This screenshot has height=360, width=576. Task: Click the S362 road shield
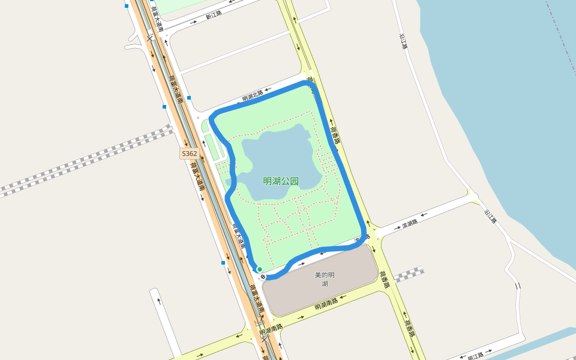[189, 154]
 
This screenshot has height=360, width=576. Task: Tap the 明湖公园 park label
[281, 181]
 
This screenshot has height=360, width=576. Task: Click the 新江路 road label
[213, 15]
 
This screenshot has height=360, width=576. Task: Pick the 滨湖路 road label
[409, 224]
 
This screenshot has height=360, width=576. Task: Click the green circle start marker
[259, 269]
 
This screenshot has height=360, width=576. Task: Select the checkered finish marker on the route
[263, 276]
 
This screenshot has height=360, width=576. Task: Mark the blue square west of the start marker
[223, 263]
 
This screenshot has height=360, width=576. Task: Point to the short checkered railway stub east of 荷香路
[409, 275]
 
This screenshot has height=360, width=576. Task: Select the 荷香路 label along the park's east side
[334, 134]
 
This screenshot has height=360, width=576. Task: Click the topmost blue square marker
[127, 6]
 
